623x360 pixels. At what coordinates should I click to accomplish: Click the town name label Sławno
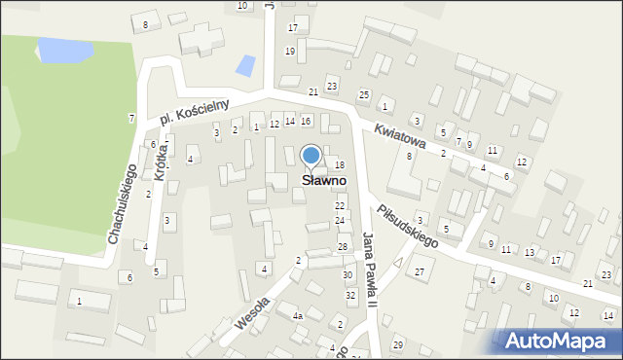(311, 180)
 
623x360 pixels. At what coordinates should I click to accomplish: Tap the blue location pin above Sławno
(311, 156)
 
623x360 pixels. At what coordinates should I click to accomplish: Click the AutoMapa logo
(560, 341)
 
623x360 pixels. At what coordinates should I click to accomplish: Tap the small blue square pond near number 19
(246, 66)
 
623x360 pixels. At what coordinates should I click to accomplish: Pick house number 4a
(298, 316)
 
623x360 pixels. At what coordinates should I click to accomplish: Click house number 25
(364, 94)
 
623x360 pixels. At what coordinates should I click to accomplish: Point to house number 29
(397, 345)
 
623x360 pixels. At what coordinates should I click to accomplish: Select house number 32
(350, 295)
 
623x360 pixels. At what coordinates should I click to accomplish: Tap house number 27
(420, 271)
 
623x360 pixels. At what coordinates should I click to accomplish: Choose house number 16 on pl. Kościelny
(306, 121)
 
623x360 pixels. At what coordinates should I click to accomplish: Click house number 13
(530, 252)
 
